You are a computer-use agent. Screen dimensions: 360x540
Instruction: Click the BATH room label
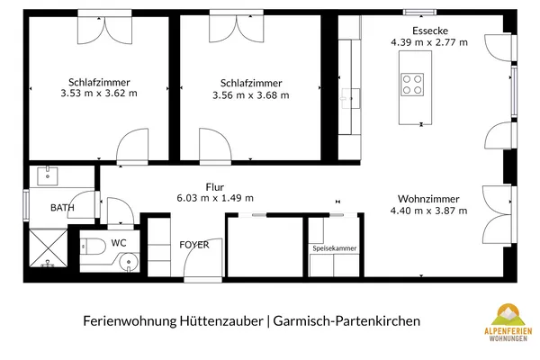pos(62,208)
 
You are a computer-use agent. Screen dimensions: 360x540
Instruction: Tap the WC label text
pos(119,243)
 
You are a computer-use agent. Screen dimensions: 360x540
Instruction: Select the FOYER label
pos(193,244)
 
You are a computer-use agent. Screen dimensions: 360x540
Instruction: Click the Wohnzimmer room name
pos(428,199)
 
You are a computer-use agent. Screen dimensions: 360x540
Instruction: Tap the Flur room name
pos(214,187)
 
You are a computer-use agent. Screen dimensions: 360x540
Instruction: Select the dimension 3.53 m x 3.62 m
pos(98,93)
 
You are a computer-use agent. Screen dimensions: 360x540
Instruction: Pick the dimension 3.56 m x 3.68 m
pos(250,95)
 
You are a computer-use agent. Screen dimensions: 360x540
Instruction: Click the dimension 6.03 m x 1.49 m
pos(214,198)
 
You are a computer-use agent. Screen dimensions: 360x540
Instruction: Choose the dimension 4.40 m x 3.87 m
pos(428,211)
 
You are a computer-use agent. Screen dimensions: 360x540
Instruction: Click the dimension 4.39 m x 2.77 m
pos(428,42)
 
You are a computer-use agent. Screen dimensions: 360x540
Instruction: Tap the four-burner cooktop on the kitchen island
pos(412,84)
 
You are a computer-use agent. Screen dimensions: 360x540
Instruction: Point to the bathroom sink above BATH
pos(47,176)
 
